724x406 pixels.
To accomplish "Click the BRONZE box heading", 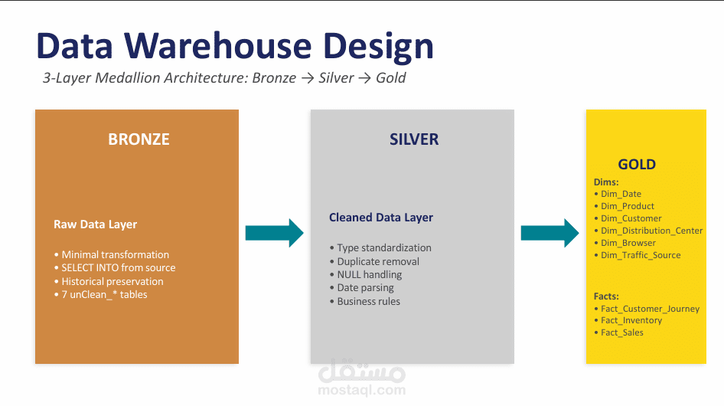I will click(x=139, y=139).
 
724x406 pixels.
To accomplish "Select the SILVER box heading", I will click(x=414, y=139).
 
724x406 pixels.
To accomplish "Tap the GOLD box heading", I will click(x=637, y=165).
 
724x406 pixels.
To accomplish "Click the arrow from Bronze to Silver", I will click(x=274, y=233).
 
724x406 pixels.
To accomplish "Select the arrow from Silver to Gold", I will click(x=550, y=233).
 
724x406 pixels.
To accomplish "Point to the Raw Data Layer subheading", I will click(x=95, y=224).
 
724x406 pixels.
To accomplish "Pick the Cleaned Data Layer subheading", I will click(x=381, y=218).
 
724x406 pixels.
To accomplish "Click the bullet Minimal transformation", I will click(x=115, y=254).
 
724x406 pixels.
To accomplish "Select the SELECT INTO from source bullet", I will click(x=118, y=268).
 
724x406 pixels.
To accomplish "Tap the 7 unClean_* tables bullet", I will click(x=104, y=294).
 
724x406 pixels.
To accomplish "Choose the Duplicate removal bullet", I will click(x=378, y=261).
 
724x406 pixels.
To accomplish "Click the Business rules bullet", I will click(x=368, y=301).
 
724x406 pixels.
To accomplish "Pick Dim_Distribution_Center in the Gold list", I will click(x=651, y=231).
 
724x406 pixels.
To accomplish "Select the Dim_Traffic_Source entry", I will click(x=641, y=255).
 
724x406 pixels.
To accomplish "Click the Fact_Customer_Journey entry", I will click(x=650, y=309).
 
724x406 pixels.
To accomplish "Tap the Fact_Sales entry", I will click(x=621, y=332).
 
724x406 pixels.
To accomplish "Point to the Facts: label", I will click(x=606, y=296).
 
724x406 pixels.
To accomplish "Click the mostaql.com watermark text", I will click(x=360, y=391).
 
